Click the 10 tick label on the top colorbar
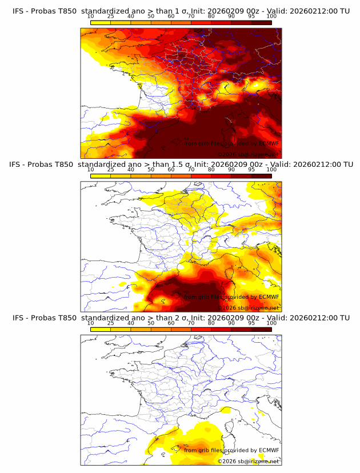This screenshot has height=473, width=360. [x=90, y=16]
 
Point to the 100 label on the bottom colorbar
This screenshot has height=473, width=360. [x=271, y=323]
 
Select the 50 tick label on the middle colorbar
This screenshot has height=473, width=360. [x=151, y=170]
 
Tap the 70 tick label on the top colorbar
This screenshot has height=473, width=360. [x=191, y=16]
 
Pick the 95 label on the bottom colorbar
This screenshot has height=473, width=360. [x=251, y=323]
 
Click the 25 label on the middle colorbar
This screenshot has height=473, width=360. [x=110, y=170]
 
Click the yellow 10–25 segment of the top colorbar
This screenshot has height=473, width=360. [x=100, y=22]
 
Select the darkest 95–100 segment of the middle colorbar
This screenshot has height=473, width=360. [x=262, y=176]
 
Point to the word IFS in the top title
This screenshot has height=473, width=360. [x=19, y=10]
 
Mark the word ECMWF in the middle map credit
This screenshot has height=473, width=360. [x=269, y=297]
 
